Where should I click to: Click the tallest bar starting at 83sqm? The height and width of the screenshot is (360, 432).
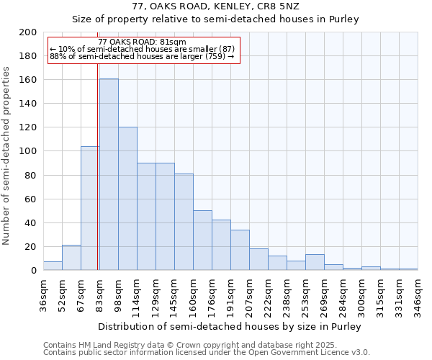click(109, 174)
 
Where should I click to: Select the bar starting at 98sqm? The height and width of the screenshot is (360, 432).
click(127, 199)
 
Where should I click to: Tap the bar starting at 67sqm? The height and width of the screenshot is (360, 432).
click(90, 208)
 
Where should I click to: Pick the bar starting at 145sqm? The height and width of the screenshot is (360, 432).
click(184, 222)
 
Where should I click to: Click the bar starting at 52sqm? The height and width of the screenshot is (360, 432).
click(71, 258)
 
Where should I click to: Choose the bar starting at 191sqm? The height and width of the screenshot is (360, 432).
click(240, 250)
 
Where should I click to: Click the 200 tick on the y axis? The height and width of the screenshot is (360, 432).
click(28, 32)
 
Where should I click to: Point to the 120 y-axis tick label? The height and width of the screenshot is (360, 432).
click(28, 127)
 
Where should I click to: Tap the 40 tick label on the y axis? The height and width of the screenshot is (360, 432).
click(30, 223)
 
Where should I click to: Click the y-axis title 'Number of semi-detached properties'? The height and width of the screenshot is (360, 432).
click(6, 156)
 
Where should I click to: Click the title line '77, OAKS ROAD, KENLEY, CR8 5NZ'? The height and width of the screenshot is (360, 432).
click(215, 6)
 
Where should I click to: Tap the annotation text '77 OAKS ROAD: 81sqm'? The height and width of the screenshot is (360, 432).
click(142, 42)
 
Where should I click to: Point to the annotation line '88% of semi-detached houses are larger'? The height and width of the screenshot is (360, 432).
click(142, 56)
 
